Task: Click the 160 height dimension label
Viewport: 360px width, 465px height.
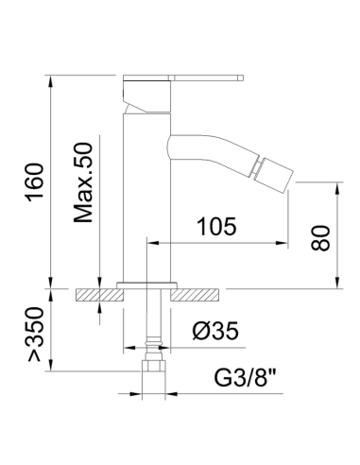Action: [x=35, y=182]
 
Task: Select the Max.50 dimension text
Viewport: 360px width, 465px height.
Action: [x=83, y=182]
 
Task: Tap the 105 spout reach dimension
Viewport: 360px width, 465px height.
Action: [x=216, y=226]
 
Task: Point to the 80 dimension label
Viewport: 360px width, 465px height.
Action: [x=320, y=238]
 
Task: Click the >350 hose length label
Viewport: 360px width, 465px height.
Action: [x=35, y=334]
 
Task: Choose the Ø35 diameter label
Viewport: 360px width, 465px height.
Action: [x=215, y=331]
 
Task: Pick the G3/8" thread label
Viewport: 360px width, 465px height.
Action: [x=246, y=377]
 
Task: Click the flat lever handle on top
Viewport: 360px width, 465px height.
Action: [x=183, y=77]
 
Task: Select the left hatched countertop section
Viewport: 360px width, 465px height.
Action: [x=99, y=295]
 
